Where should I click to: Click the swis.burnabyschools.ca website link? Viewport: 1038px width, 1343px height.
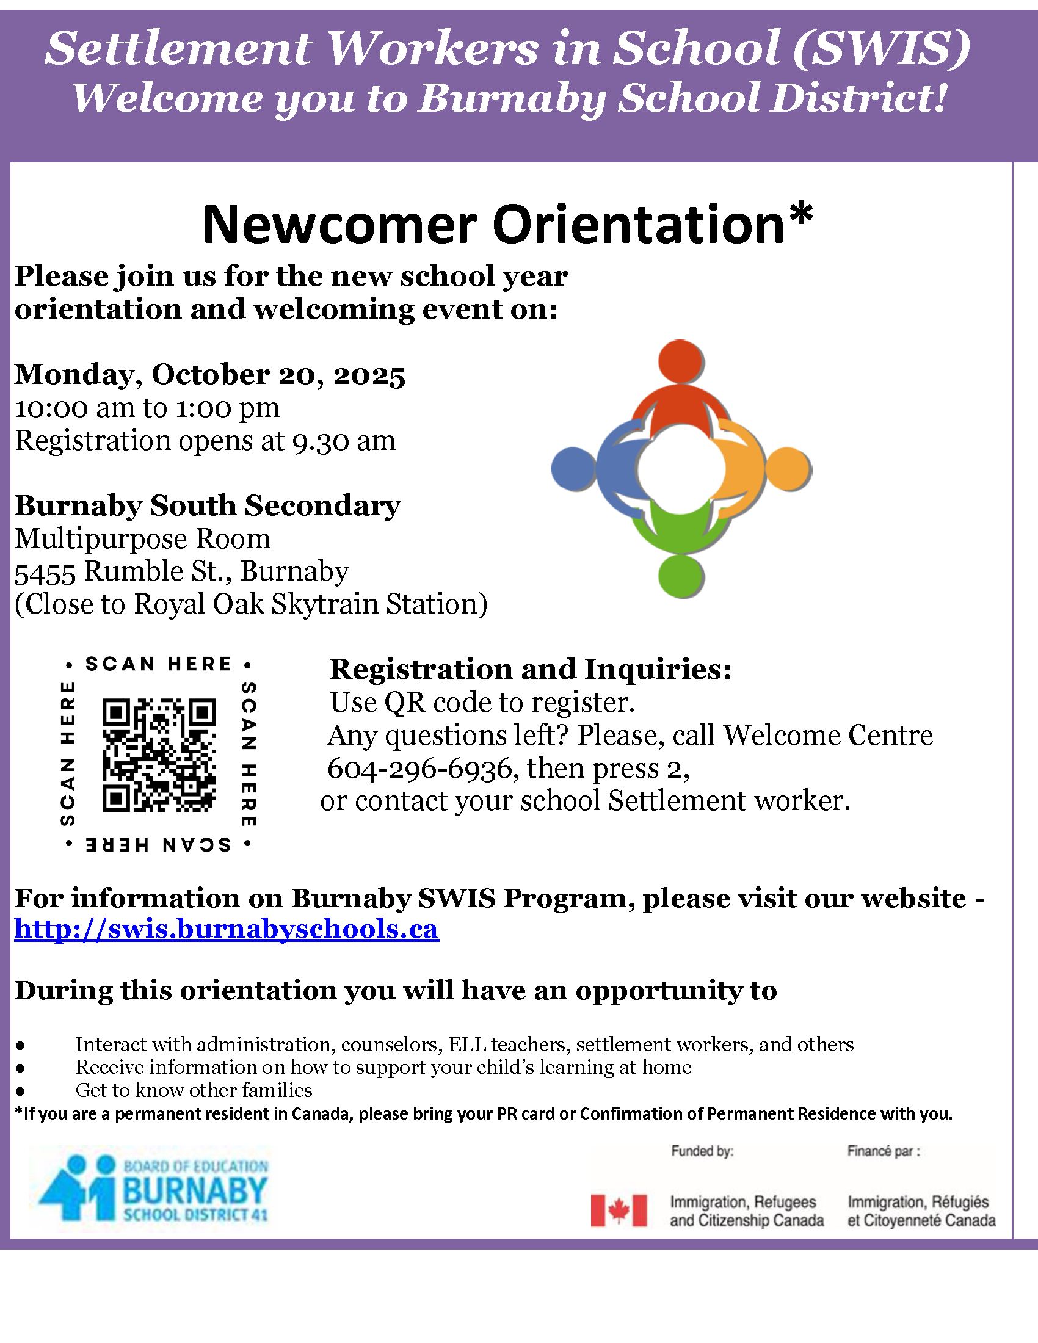click(227, 929)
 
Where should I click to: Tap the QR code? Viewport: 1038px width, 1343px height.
click(159, 755)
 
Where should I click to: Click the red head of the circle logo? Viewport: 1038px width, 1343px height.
click(681, 361)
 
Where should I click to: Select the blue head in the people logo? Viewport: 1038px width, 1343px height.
click(573, 469)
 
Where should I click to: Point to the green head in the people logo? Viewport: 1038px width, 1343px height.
click(681, 576)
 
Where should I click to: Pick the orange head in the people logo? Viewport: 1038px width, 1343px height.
click(788, 469)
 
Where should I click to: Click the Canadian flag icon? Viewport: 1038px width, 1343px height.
click(619, 1211)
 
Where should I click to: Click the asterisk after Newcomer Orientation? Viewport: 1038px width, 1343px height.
click(800, 215)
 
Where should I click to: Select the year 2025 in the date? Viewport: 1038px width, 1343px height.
click(369, 375)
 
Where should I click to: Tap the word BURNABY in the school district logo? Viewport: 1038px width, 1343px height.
click(195, 1190)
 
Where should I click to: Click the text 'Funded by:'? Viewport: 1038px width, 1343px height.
click(702, 1151)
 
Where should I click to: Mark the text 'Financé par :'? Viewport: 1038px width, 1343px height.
click(883, 1151)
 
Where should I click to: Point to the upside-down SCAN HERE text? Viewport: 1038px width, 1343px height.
click(159, 844)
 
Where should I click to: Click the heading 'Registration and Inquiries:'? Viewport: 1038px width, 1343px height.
click(531, 669)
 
